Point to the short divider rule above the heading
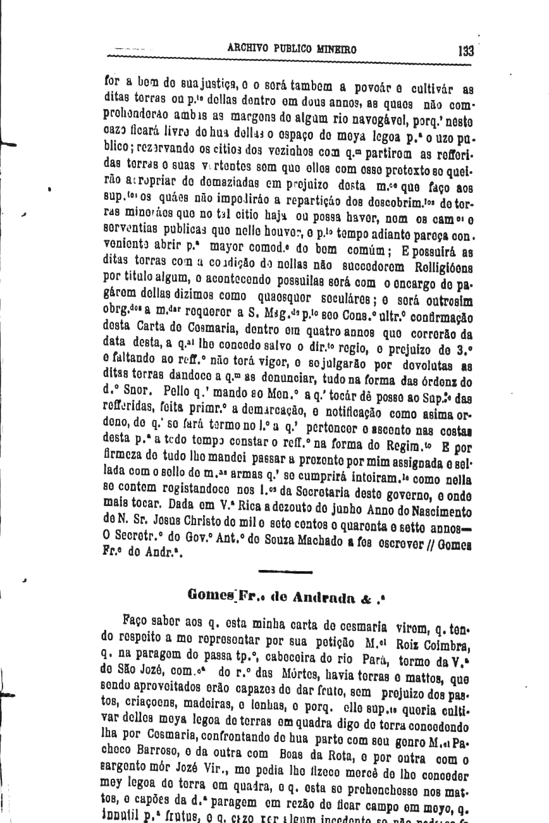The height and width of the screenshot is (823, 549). [x=285, y=572]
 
